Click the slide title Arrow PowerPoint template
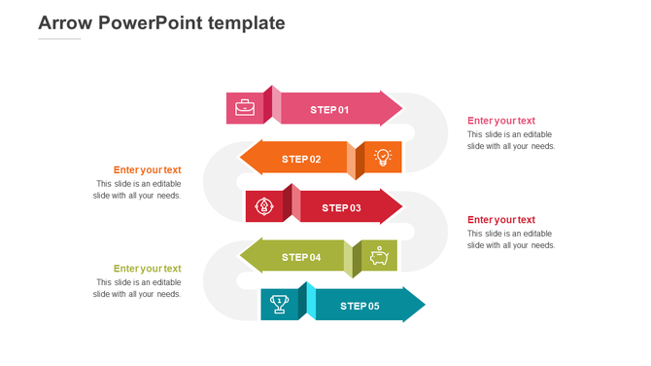coord(161,22)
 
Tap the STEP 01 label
coord(329,110)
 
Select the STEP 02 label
coord(301,159)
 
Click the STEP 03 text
coord(341,207)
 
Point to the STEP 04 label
coord(301,257)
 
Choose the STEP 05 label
coord(360,306)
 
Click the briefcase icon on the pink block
coord(245,108)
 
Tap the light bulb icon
coord(383,158)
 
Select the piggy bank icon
coord(380,256)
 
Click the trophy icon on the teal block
coord(279,304)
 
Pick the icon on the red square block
coord(263,206)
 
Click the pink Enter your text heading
coord(500,121)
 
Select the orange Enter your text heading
coord(147,169)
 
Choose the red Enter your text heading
coord(500,219)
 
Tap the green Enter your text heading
coord(147,268)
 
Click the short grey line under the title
coord(59,39)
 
